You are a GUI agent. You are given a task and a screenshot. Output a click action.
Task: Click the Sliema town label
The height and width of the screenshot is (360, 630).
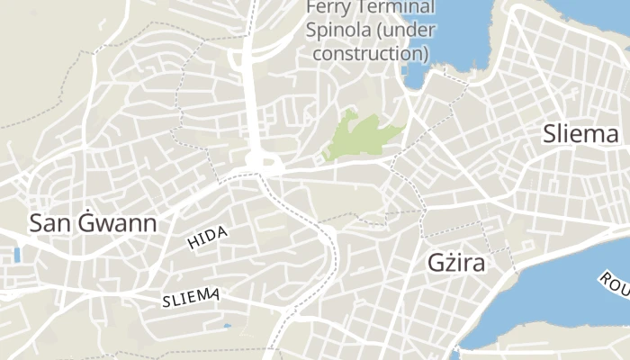580,135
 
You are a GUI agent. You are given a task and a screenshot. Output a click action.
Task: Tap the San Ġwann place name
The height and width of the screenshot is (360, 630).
93,223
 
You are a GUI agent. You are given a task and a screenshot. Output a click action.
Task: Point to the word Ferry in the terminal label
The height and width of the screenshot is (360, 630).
325,8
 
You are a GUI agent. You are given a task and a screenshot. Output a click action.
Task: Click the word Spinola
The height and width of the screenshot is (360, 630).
337,31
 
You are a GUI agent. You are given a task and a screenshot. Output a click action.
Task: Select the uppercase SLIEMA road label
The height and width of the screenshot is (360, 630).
191,298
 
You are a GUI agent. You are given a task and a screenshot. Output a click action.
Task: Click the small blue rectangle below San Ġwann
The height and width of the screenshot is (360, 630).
17,255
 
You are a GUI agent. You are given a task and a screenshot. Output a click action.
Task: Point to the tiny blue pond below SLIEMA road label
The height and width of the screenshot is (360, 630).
227,326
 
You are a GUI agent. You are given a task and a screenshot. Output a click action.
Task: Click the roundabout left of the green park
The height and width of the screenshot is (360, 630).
260,163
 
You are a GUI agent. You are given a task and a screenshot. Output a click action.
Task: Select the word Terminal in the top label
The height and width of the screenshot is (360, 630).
391,8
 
